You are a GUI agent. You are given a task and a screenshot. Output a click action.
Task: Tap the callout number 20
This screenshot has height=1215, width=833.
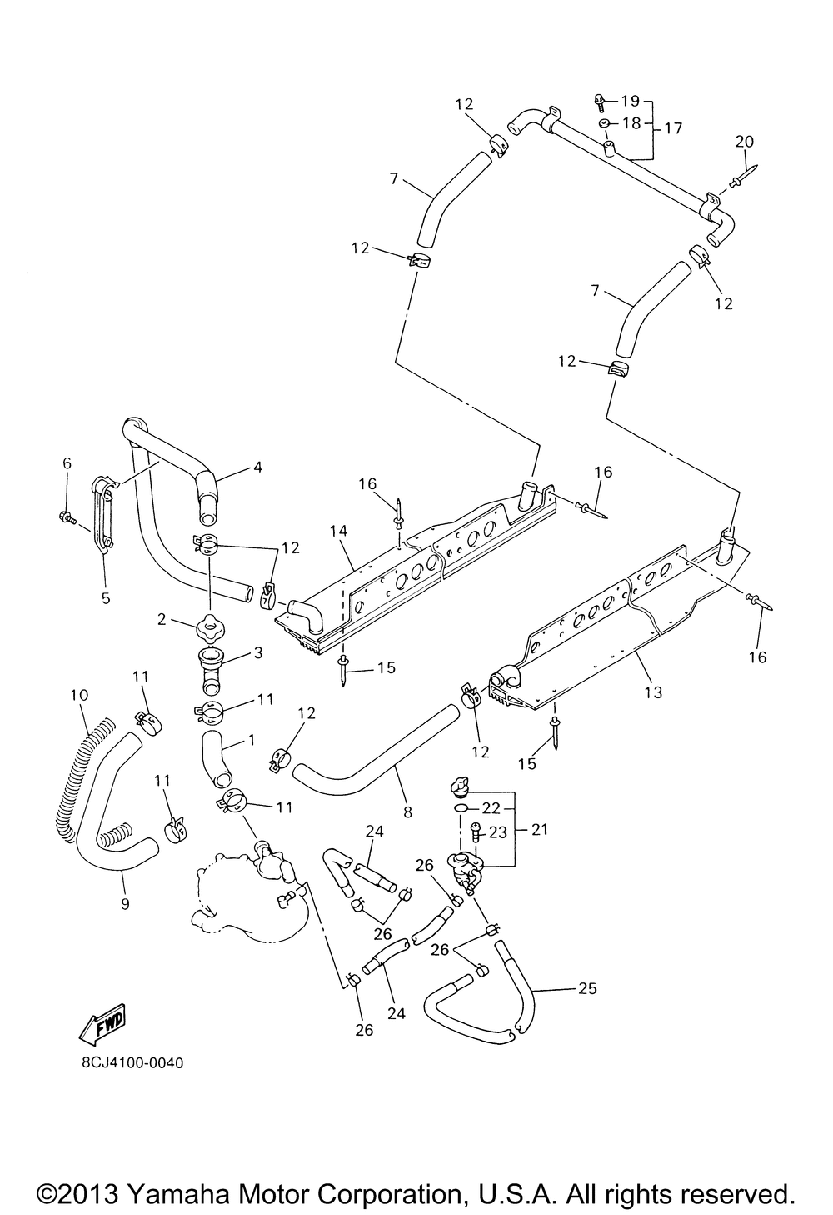pyautogui.click(x=744, y=142)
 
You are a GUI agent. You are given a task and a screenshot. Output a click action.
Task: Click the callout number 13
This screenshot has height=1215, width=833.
pyautogui.click(x=654, y=692)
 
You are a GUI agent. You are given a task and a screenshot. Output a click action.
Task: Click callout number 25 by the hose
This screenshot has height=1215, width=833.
pyautogui.click(x=587, y=988)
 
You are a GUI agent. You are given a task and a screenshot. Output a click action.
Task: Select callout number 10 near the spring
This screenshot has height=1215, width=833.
pyautogui.click(x=79, y=694)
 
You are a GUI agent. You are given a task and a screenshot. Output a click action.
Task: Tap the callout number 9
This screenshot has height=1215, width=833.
pyautogui.click(x=125, y=903)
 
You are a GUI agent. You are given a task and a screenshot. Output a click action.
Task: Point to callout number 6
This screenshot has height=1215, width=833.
pyautogui.click(x=67, y=462)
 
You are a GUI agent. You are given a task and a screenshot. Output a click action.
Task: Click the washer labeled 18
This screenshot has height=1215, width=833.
pyautogui.click(x=603, y=123)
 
